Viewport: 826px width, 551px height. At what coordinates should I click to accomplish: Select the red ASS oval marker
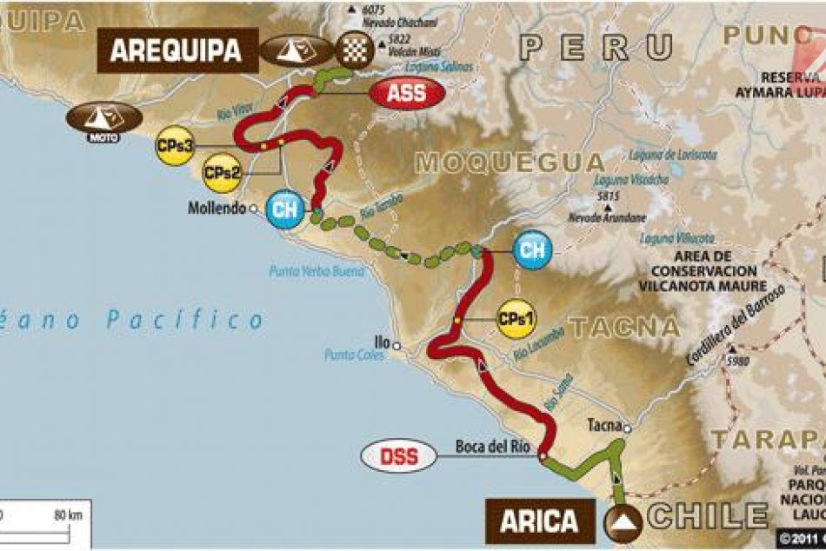tap(407, 93)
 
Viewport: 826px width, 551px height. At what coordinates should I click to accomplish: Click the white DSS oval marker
tap(397, 455)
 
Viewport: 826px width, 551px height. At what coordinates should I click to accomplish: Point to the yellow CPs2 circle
tap(222, 172)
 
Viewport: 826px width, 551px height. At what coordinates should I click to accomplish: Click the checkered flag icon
tap(355, 50)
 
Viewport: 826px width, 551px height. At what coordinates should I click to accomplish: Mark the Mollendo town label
tap(216, 209)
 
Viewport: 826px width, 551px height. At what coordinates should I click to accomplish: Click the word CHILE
tap(707, 516)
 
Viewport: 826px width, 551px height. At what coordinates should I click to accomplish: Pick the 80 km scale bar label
tap(68, 515)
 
